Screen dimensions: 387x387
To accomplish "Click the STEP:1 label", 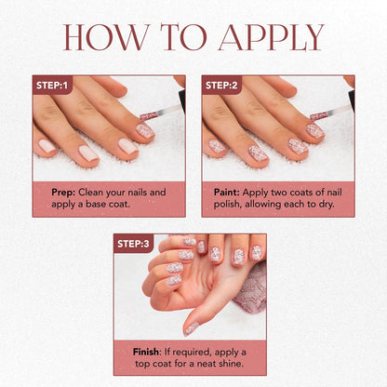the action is click(52, 85).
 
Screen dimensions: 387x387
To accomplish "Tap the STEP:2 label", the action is click(221, 85).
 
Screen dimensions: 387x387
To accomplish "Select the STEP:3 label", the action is click(133, 244).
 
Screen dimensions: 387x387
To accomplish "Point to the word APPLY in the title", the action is click(271, 37).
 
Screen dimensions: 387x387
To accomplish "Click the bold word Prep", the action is click(63, 193).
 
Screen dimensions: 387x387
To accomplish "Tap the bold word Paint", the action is click(227, 193).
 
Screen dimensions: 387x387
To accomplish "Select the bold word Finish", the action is click(146, 352).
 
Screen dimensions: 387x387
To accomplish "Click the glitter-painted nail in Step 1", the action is click(145, 131).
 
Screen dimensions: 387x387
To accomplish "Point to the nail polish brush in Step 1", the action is click(160, 113).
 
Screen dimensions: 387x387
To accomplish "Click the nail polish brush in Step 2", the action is click(329, 113).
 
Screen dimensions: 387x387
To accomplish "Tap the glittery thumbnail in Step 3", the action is click(191, 328).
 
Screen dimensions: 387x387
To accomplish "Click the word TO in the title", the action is click(183, 37).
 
